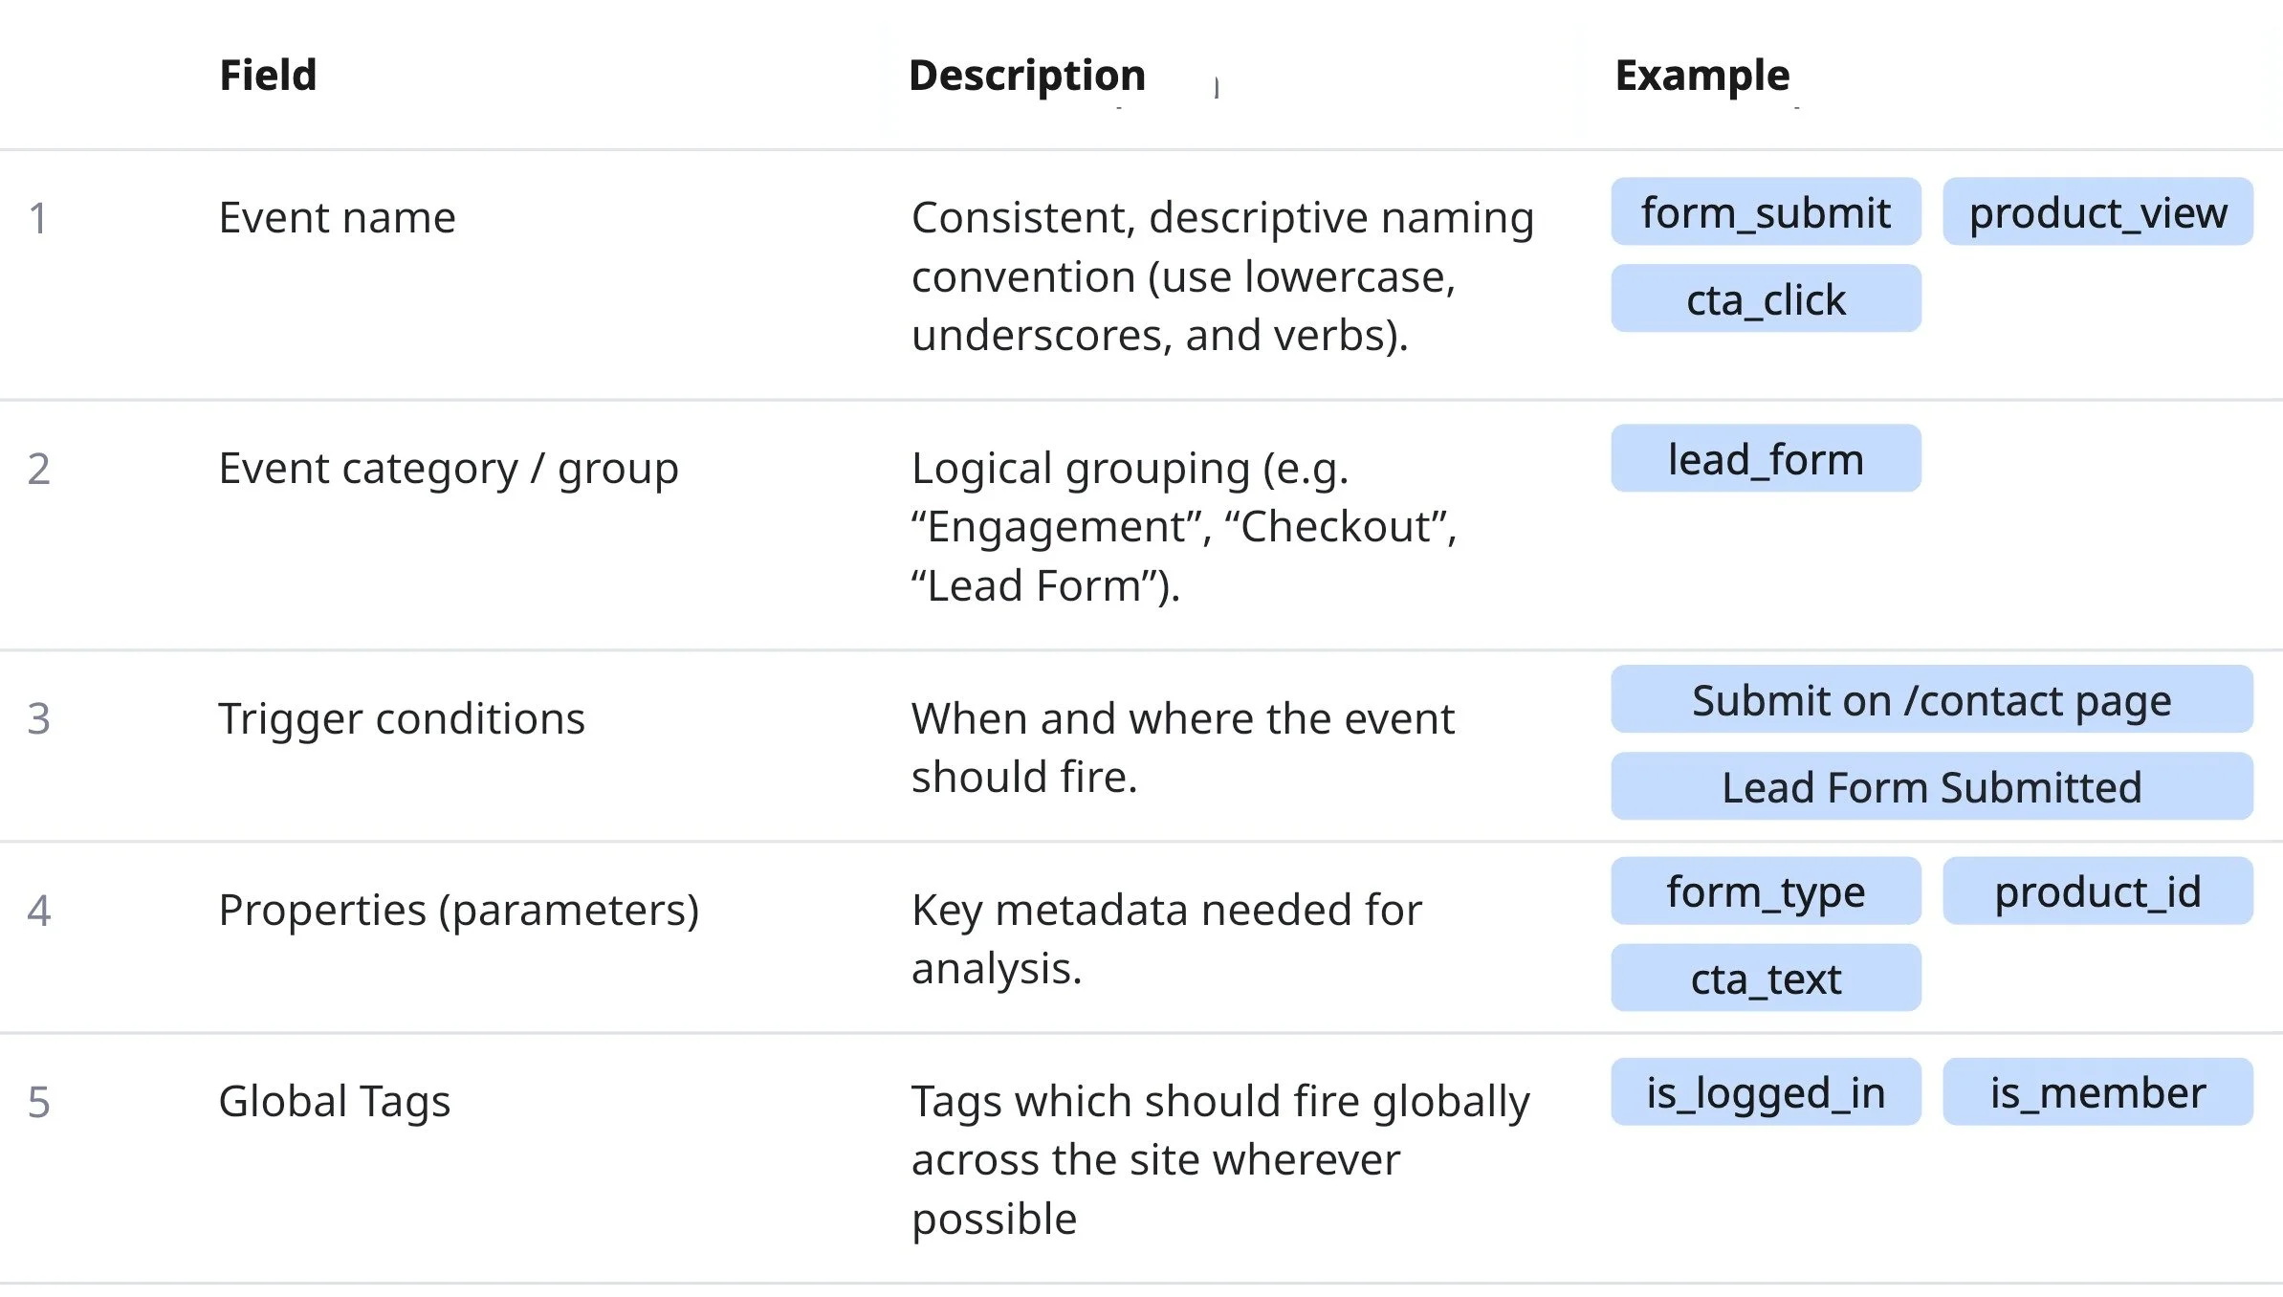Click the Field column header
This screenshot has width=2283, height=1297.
point(268,75)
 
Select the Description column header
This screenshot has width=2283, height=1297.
point(1026,75)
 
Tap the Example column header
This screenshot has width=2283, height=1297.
point(1701,75)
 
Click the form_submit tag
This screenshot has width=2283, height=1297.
point(1766,212)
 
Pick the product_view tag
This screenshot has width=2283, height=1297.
point(2097,212)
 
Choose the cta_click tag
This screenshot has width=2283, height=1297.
point(1766,299)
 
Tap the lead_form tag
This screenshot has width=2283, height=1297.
point(1766,459)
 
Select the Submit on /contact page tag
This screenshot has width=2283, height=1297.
point(1931,700)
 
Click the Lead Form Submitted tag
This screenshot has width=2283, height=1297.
point(1931,787)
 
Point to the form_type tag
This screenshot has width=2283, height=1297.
point(1766,891)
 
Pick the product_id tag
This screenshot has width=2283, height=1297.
point(2097,891)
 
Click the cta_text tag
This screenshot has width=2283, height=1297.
point(1766,978)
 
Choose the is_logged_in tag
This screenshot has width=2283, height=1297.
point(1766,1092)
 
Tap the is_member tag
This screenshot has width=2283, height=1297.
point(2097,1092)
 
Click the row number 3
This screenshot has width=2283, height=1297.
point(38,718)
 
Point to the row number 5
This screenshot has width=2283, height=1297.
point(38,1102)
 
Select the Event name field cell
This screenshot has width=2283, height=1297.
point(337,218)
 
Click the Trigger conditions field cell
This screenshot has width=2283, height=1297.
point(401,718)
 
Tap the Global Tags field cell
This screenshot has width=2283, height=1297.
point(334,1102)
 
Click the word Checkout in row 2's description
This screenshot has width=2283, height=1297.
point(1336,527)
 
